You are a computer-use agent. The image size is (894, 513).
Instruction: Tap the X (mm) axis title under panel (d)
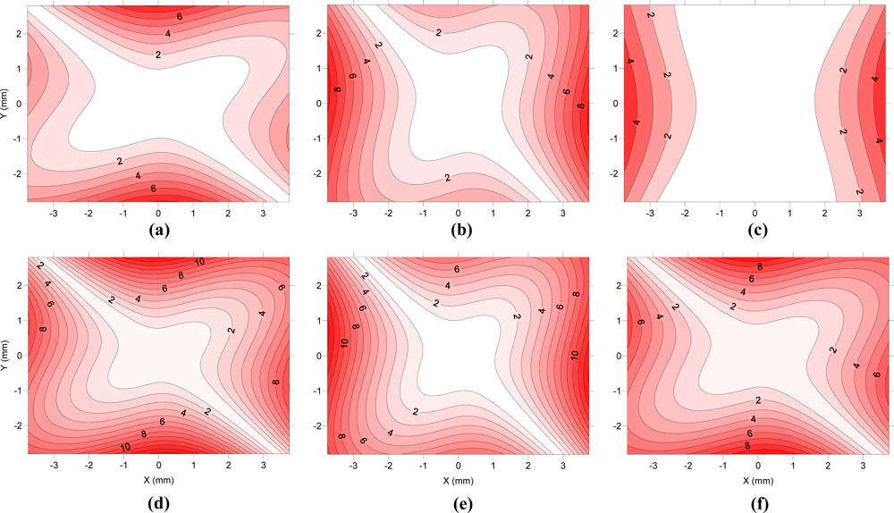(x=158, y=481)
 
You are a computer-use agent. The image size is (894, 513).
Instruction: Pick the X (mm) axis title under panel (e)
(x=459, y=481)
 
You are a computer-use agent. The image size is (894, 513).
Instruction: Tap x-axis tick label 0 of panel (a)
(x=158, y=214)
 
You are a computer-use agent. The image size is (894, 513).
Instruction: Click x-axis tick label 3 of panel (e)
(x=562, y=467)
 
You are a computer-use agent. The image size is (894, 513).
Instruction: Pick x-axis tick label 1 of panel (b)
(x=493, y=214)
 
